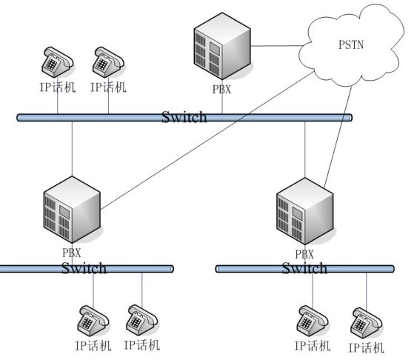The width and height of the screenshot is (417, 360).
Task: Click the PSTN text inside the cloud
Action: pyautogui.click(x=351, y=44)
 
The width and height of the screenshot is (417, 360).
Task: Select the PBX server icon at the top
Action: pyautogui.click(x=222, y=46)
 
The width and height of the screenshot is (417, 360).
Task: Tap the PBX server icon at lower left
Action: pyautogui.click(x=72, y=210)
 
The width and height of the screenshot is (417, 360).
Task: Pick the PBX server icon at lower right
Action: pyautogui.click(x=304, y=211)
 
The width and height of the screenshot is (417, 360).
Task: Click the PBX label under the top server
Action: pyautogui.click(x=221, y=90)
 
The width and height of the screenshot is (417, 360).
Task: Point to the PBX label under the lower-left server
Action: pyautogui.click(x=72, y=253)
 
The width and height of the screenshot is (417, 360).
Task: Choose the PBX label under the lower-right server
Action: pyautogui.click(x=304, y=254)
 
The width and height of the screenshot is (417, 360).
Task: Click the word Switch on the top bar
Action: pyautogui.click(x=184, y=117)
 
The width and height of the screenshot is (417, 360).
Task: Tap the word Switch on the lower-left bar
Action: pyautogui.click(x=84, y=268)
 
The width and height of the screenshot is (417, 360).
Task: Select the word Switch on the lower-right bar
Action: pyautogui.click(x=304, y=268)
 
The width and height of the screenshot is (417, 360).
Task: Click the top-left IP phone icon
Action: pyautogui.click(x=58, y=62)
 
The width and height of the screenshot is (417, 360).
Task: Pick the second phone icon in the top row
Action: pyautogui.click(x=108, y=62)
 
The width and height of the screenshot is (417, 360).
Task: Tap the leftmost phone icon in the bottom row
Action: pyautogui.click(x=93, y=321)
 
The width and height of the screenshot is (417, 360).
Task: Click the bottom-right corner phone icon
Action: pyautogui.click(x=367, y=323)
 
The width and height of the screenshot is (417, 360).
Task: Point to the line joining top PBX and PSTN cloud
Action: pyautogui.click(x=277, y=46)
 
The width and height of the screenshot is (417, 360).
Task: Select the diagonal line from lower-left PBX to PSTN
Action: pyautogui.click(x=207, y=140)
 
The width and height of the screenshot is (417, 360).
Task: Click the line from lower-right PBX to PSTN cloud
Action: pyautogui.click(x=338, y=136)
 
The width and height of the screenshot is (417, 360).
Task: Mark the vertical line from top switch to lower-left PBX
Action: pyautogui.click(x=72, y=149)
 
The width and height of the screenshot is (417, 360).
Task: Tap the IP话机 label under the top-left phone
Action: pyautogui.click(x=58, y=87)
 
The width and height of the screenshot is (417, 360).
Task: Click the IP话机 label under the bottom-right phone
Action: pyautogui.click(x=367, y=347)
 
